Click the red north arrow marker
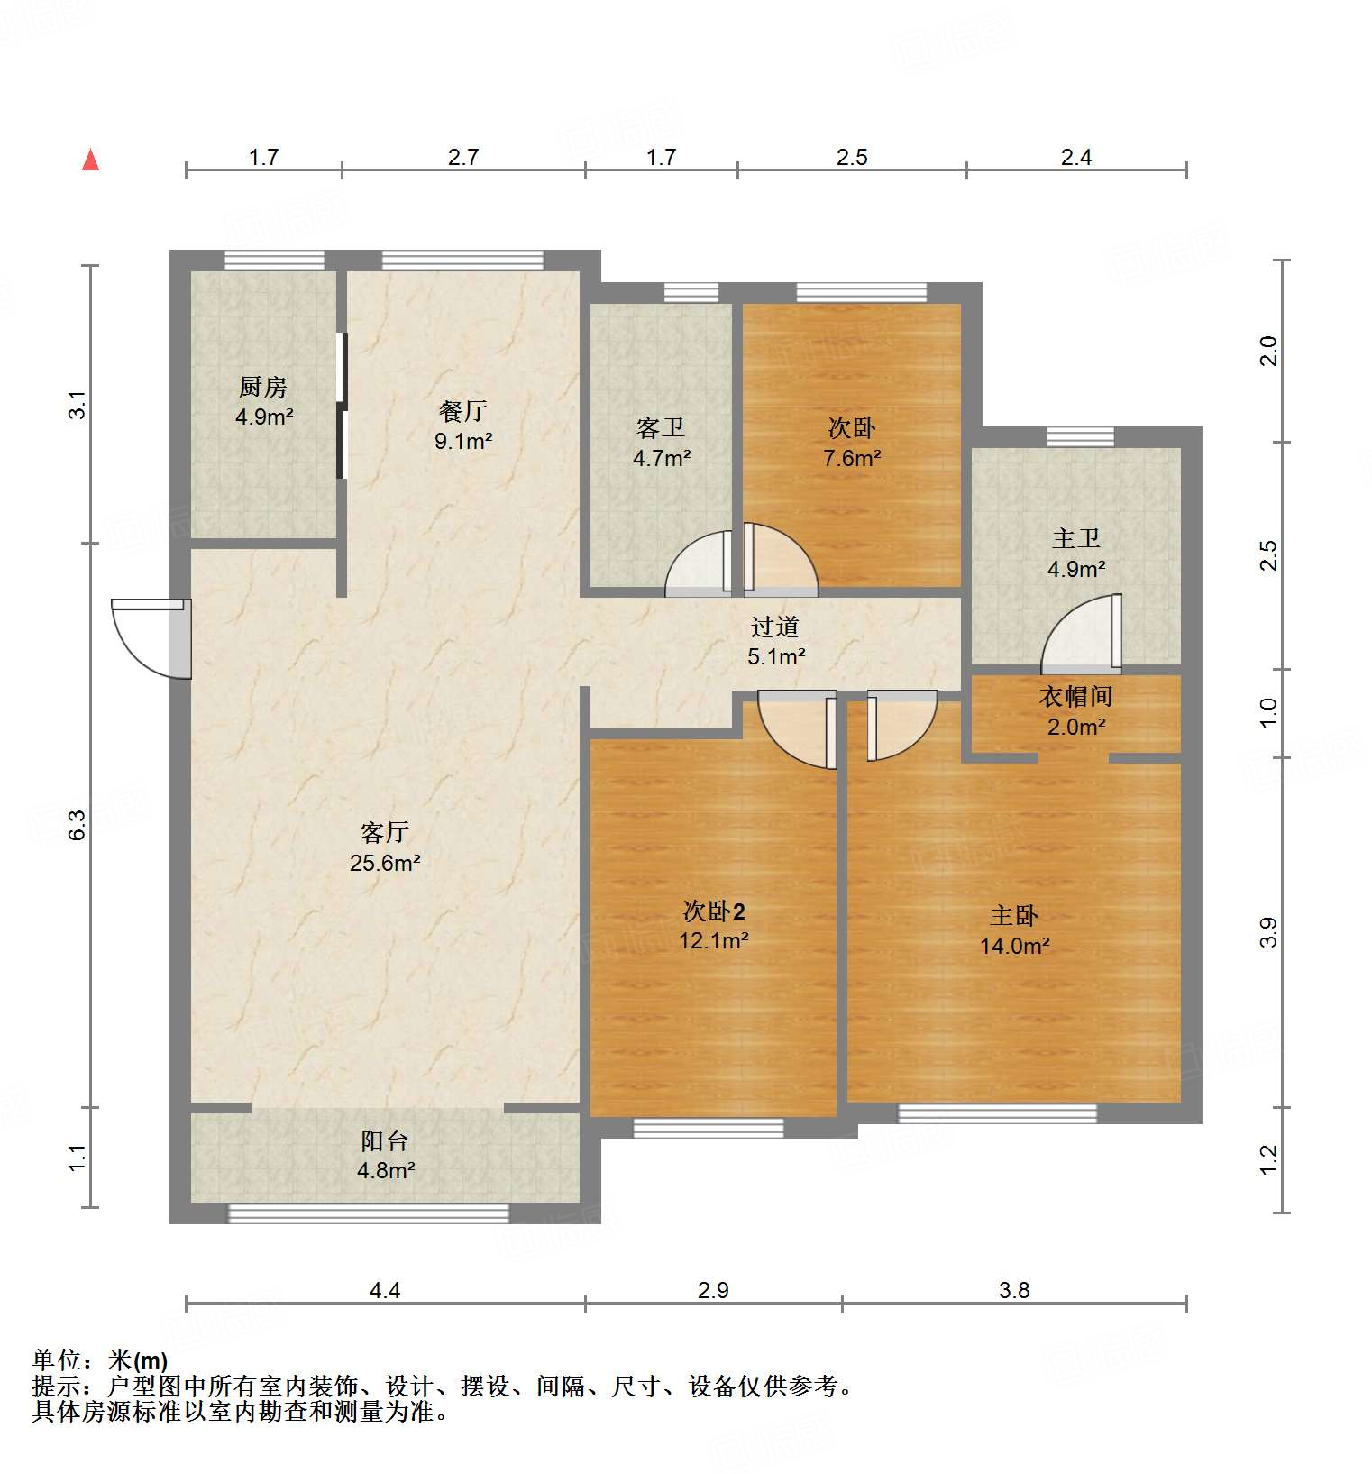click(x=90, y=160)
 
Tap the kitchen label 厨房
click(x=263, y=387)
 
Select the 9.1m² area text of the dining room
click(x=462, y=441)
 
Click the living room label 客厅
click(x=385, y=832)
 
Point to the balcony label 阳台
click(x=385, y=1141)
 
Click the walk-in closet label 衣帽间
click(x=1075, y=696)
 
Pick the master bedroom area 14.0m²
click(x=1014, y=946)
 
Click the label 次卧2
click(x=713, y=911)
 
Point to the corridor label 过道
click(x=775, y=627)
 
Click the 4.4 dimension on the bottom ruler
click(x=385, y=1290)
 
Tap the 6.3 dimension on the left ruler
click(x=78, y=825)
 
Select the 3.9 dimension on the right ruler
click(x=1268, y=932)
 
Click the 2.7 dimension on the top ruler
click(x=462, y=157)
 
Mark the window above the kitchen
click(x=274, y=261)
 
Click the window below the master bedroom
click(x=997, y=1114)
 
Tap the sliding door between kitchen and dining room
click(x=342, y=406)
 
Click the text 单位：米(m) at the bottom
click(x=100, y=1360)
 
